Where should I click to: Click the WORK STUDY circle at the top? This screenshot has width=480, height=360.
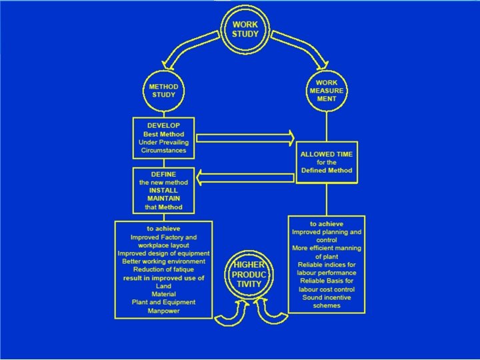tap(245, 29)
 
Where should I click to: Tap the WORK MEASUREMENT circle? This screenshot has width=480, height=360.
tap(327, 91)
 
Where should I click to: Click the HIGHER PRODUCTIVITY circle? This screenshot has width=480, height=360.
tap(248, 275)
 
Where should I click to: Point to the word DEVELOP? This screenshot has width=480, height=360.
tap(164, 125)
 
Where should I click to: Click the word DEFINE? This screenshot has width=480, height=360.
tap(163, 174)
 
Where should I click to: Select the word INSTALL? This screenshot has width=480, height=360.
tap(163, 190)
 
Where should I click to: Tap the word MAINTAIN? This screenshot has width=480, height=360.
tap(163, 198)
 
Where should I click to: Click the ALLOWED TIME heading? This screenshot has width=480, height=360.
tap(327, 154)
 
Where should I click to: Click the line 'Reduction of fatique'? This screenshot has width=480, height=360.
tap(163, 269)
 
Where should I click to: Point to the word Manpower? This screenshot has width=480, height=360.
tap(163, 311)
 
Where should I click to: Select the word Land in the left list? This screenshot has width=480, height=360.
tap(163, 286)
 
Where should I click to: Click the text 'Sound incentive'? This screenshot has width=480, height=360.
tap(326, 297)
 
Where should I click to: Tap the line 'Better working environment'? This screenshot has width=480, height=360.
tap(163, 261)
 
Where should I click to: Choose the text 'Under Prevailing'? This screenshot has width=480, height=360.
tap(163, 142)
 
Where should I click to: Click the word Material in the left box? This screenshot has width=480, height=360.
tap(163, 294)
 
